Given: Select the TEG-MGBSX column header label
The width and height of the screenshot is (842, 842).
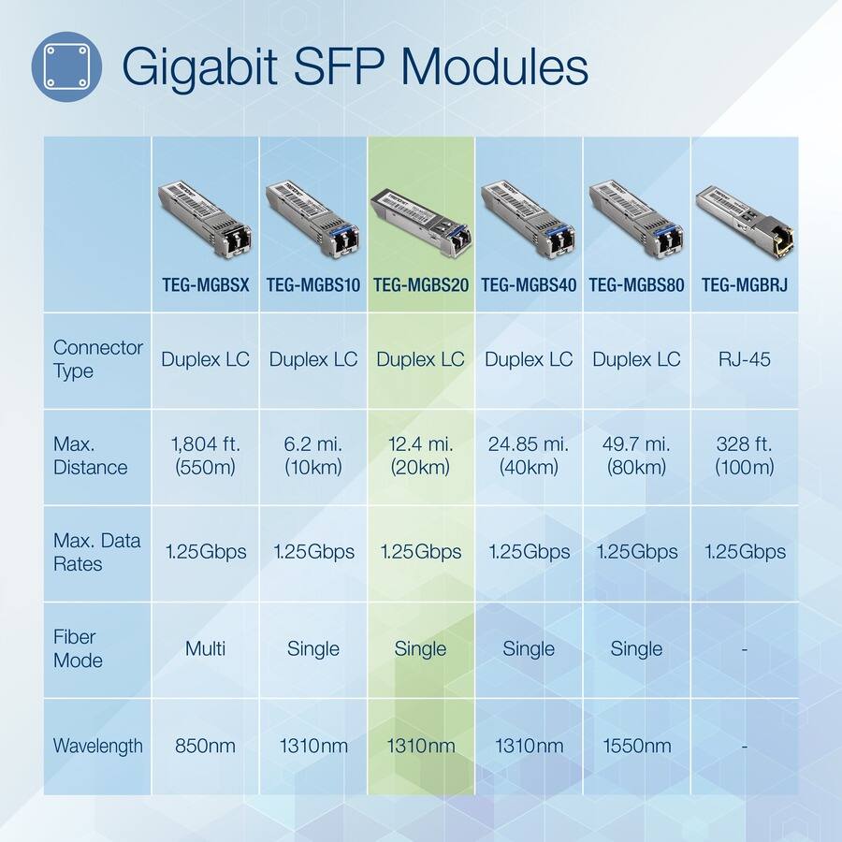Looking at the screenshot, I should tap(205, 284).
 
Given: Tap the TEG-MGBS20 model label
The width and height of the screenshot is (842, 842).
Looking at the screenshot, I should tap(420, 284).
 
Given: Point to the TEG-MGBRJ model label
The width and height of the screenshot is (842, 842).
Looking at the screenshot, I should tap(745, 284).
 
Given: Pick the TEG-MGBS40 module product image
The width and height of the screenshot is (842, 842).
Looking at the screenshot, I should tap(529, 219).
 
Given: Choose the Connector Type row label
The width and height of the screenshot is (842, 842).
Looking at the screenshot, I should tap(97, 359).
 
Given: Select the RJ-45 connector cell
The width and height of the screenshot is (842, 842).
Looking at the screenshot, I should tap(745, 359).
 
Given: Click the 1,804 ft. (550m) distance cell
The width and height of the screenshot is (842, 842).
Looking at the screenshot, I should tap(205, 456).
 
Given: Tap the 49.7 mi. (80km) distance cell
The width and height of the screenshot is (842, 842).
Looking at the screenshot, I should tap(636, 456).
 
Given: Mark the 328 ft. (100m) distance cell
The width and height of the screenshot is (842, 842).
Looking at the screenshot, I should tap(745, 456).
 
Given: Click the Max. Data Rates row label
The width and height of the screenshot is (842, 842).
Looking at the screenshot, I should tap(97, 552).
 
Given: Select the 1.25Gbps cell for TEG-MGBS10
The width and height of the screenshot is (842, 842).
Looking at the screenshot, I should tap(313, 552).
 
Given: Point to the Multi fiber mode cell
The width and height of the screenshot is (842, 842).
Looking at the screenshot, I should tap(205, 648).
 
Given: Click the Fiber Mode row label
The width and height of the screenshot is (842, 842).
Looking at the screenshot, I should tap(78, 648).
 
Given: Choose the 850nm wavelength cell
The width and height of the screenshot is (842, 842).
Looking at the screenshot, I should tap(205, 746).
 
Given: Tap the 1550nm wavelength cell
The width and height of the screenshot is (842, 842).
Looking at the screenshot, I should tap(636, 746).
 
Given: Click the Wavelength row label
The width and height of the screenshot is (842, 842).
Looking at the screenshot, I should tap(97, 746).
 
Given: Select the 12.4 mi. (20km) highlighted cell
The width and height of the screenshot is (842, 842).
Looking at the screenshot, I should tap(420, 456).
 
